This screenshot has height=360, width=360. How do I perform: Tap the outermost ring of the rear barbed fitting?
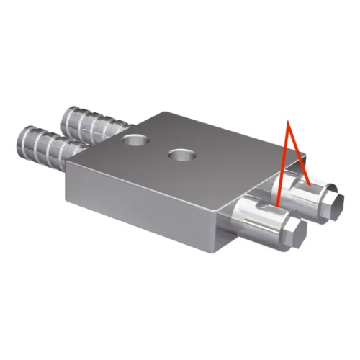(68, 115)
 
